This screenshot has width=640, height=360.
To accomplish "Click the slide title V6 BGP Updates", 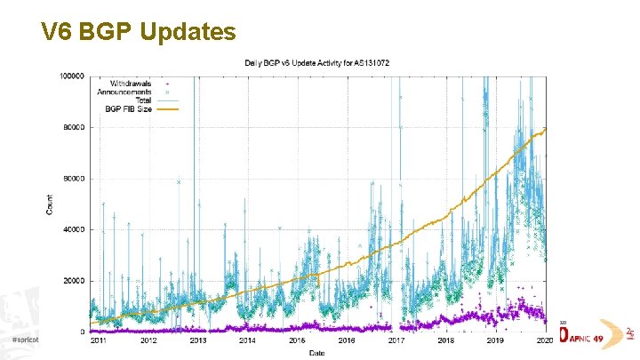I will click(x=138, y=33).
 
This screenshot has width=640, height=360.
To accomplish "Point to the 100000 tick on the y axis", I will click(x=72, y=76).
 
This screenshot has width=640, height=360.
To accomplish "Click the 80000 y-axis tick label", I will click(x=74, y=127).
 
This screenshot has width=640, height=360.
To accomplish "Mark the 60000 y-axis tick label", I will click(x=74, y=179).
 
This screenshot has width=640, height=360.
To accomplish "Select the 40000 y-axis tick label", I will click(x=74, y=229).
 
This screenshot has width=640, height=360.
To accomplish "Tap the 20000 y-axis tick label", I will click(x=74, y=281).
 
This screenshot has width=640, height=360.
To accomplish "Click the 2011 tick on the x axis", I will click(x=99, y=340).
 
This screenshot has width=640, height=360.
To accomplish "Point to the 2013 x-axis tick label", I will click(x=197, y=340).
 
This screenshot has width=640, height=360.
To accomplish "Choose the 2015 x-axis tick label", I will click(x=297, y=340).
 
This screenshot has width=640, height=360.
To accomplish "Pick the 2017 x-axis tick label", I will click(x=396, y=340).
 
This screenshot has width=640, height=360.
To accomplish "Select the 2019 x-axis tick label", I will click(x=496, y=340).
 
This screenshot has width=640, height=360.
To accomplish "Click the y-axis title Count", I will click(x=49, y=204).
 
